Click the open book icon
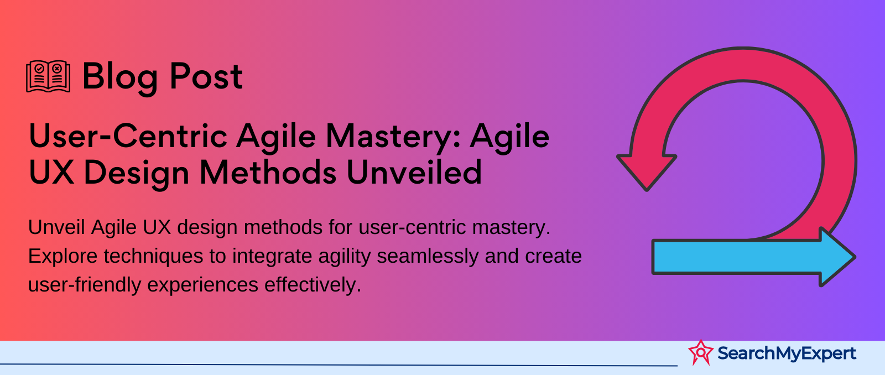pos(48,77)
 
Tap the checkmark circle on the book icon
pos(39,69)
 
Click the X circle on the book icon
pos(57,69)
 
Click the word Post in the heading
pos(206,76)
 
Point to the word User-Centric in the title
pos(128,136)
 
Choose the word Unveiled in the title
pos(414,172)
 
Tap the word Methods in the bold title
pos(268,172)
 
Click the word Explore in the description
pos(63,257)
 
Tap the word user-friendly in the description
pos(85,285)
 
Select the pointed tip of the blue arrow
pos(855,257)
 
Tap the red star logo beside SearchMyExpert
pos(701,352)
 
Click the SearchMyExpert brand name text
pos(787,353)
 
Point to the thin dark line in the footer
pos(339,364)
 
